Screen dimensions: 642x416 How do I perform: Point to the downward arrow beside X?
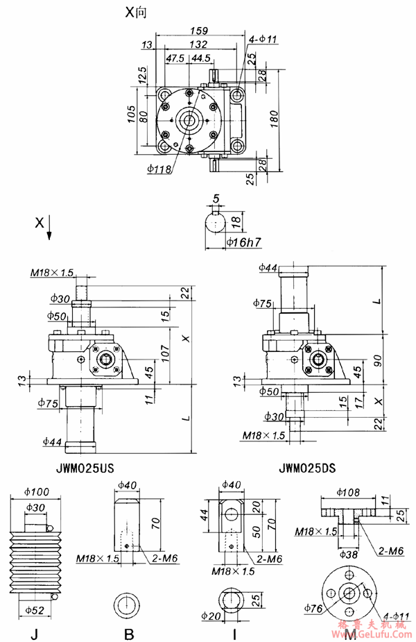pyautogui.click(x=50, y=235)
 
